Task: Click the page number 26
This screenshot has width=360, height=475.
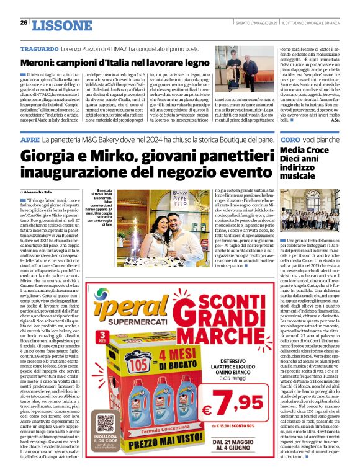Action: tap(24, 23)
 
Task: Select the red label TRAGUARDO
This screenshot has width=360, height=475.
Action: tap(39, 49)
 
